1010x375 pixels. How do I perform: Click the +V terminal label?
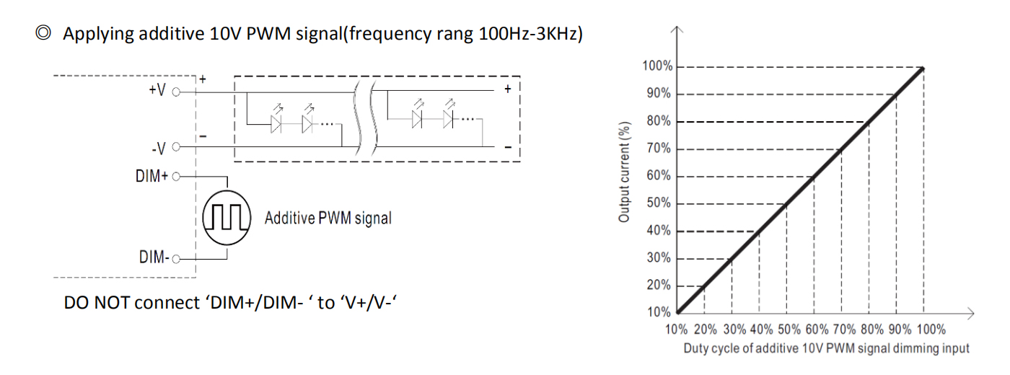157,90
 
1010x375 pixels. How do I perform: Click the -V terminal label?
159,149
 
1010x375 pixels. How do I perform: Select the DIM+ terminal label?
151,176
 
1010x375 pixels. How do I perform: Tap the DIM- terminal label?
154,257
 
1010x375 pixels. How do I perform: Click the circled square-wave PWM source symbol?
227,218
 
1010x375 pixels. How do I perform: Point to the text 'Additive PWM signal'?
328,218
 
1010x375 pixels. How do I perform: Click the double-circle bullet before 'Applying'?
43,33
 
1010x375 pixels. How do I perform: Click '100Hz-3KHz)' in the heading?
531,33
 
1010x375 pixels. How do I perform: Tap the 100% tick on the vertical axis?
657,66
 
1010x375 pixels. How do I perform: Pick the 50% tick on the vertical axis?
659,203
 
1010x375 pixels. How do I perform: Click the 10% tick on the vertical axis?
659,312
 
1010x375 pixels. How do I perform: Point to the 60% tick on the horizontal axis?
817,330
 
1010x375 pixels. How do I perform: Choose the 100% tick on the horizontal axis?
931,330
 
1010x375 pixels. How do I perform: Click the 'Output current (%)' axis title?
623,172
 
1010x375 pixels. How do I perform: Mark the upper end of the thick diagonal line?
923,68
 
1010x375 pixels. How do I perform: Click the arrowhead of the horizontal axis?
971,313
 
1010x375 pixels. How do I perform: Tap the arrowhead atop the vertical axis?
677,30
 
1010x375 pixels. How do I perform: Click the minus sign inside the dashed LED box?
508,147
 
